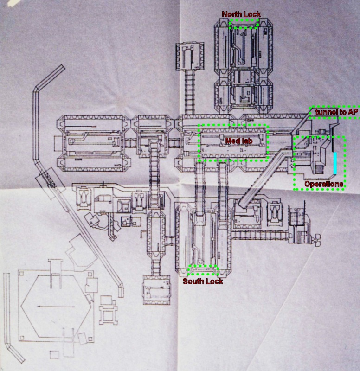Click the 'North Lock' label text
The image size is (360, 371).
click(x=241, y=14)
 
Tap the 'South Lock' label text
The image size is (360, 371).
click(x=203, y=281)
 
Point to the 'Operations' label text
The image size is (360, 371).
click(x=324, y=184)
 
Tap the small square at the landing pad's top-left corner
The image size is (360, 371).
click(x=21, y=274)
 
